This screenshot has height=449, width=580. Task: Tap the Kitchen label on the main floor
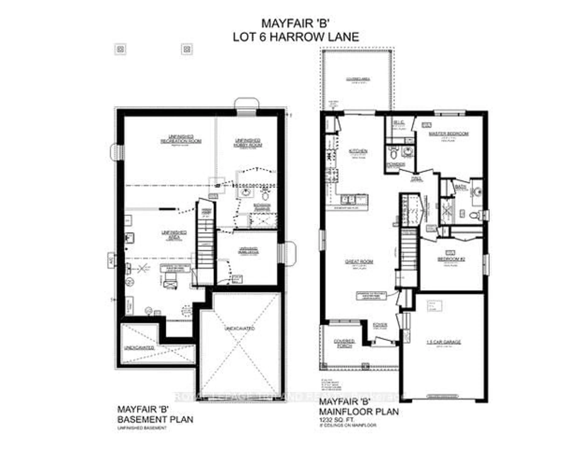[x=358, y=151]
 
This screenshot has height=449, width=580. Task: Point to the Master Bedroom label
[x=449, y=134]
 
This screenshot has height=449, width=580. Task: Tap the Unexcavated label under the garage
[x=240, y=328]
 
